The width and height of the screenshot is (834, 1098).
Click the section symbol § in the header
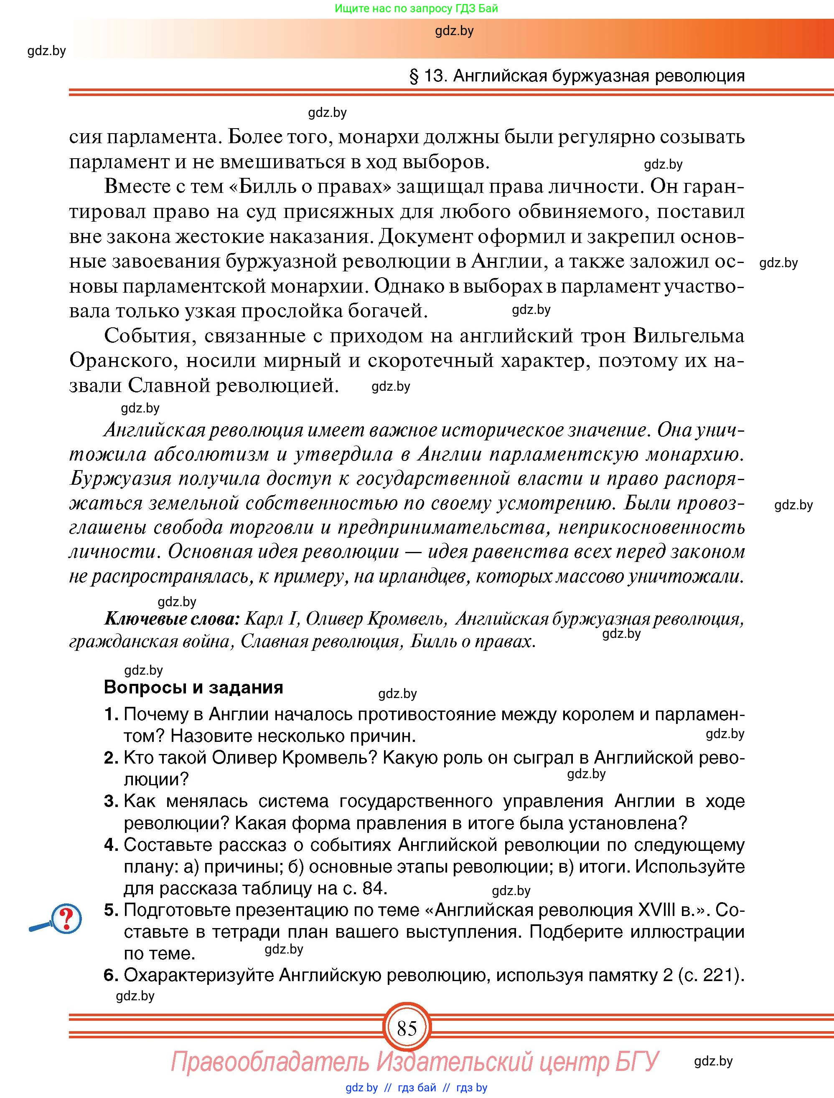coord(414,76)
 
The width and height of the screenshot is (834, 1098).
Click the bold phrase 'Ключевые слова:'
coord(172,619)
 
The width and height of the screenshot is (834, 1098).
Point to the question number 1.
coord(110,714)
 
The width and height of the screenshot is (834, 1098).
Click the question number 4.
coord(110,845)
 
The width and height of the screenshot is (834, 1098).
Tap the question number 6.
coord(110,975)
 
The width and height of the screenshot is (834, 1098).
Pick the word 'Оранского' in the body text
coord(122,360)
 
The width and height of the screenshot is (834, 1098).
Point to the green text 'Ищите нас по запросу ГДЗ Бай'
coord(416,8)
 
